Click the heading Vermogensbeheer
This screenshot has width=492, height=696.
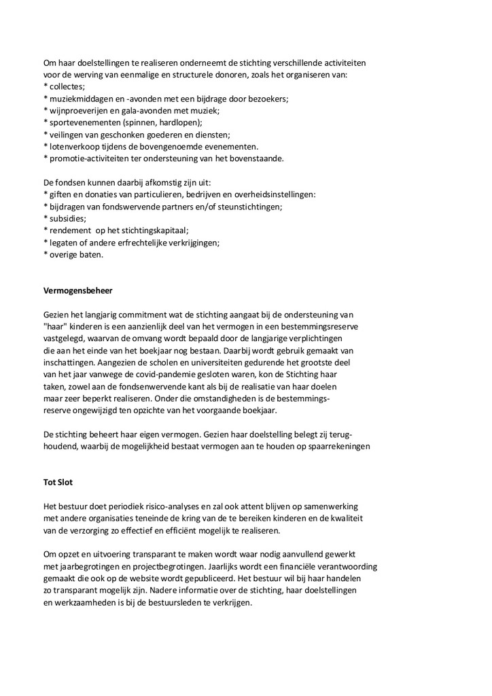[78, 290]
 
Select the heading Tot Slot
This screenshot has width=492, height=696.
[60, 483]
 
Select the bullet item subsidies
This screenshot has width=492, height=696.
[67, 219]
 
